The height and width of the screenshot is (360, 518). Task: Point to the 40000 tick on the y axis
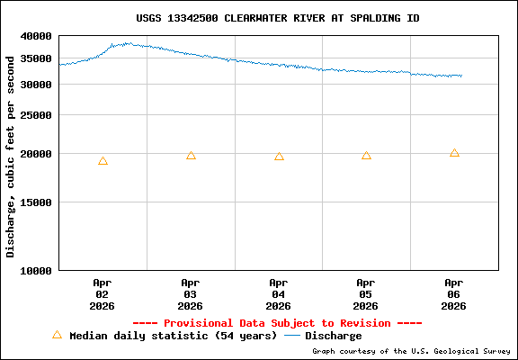37,36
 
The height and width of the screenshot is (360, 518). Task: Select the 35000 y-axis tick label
37,59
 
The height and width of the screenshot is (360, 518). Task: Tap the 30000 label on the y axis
37,85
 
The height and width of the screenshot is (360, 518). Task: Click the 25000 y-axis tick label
37,115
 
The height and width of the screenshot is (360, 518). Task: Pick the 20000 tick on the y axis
37,154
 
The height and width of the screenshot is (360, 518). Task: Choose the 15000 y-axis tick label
37,202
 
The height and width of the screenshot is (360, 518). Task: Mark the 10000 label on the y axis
37,270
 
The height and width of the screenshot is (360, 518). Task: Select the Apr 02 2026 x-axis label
103,293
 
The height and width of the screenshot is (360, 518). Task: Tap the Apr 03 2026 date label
191,293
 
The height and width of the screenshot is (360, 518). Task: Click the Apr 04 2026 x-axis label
279,293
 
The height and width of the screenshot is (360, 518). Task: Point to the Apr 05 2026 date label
366,293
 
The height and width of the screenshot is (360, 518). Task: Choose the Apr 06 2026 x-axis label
454,293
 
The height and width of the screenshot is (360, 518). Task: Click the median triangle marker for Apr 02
103,161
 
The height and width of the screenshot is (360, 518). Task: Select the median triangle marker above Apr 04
279,157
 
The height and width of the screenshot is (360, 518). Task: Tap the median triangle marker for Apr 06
454,153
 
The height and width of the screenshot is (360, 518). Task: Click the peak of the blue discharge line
128,42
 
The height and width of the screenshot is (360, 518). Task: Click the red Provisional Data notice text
277,322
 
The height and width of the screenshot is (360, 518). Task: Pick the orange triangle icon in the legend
57,335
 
